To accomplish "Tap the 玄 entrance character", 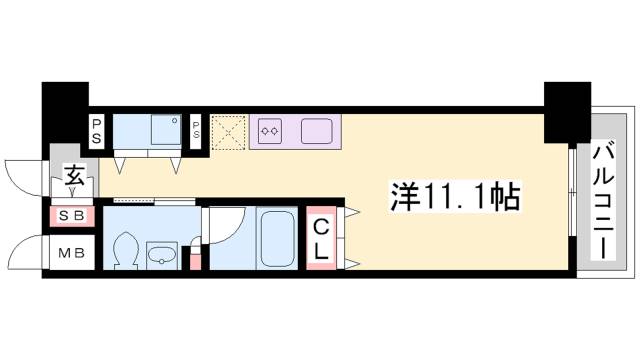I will (x=74, y=177).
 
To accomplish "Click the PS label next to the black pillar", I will (x=98, y=130).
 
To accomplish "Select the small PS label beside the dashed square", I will (x=196, y=130).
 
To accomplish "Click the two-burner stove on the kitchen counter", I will (x=269, y=129).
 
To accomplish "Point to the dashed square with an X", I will (x=229, y=130).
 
